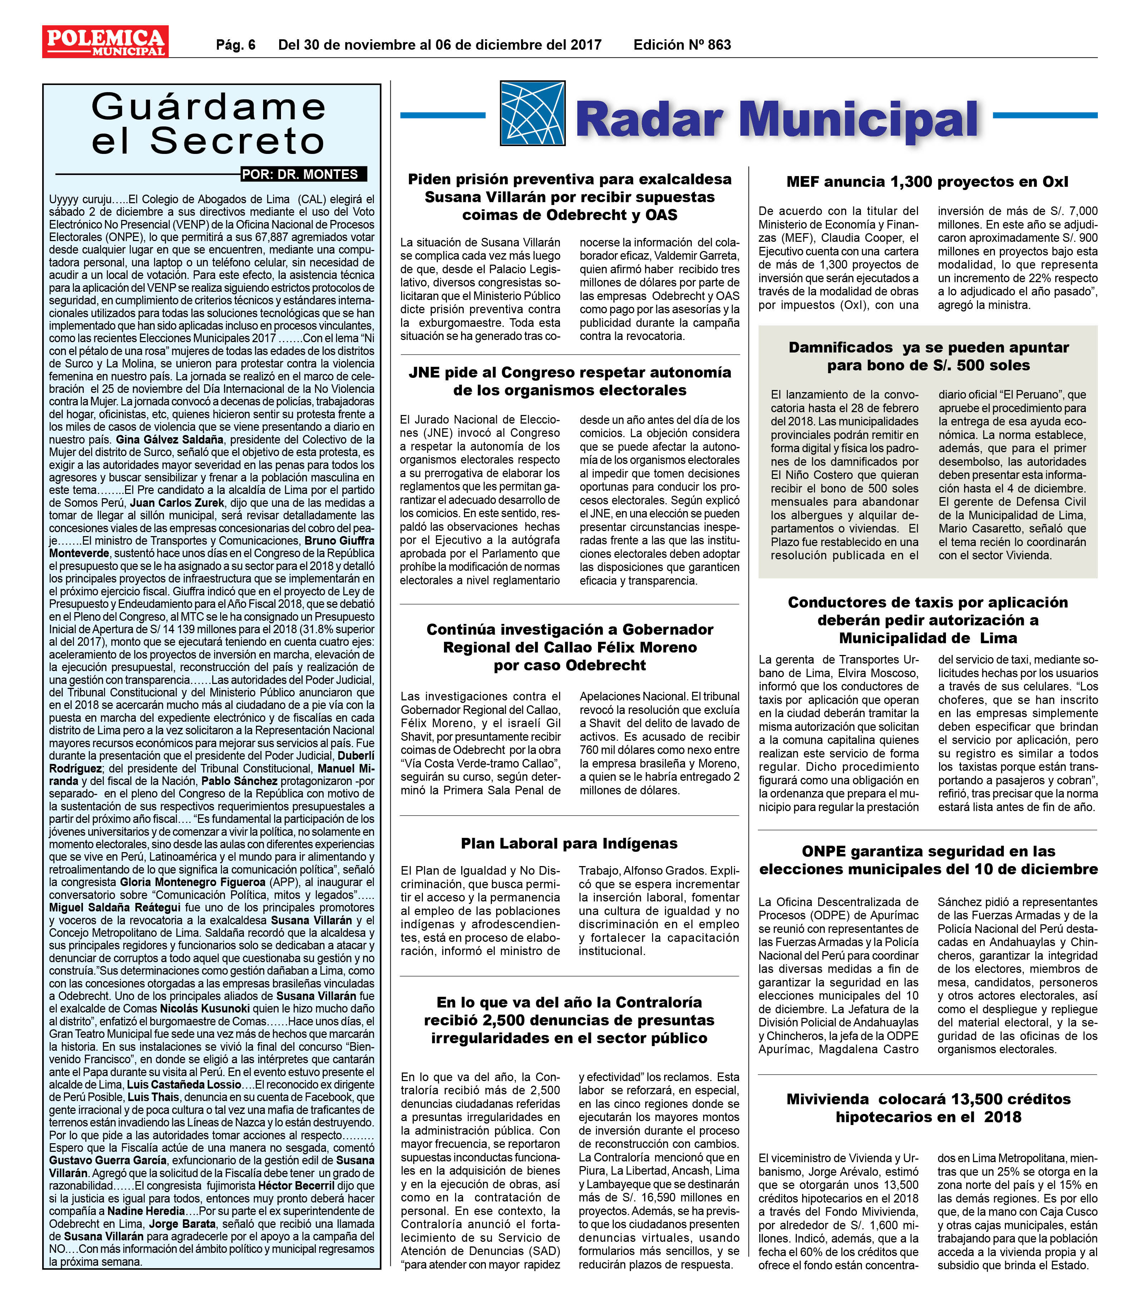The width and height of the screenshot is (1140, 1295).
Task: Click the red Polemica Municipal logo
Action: pos(105,42)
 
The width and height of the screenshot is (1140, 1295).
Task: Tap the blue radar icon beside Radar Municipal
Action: pos(531,114)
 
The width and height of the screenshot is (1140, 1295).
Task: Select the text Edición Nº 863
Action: pos(682,45)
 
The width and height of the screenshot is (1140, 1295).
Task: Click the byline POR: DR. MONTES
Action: pos(303,174)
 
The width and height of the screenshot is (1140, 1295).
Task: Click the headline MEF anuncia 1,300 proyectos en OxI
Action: pos(927,182)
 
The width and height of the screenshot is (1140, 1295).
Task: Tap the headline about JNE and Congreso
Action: pos(569,381)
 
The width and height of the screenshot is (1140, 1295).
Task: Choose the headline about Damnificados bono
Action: pos(928,356)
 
